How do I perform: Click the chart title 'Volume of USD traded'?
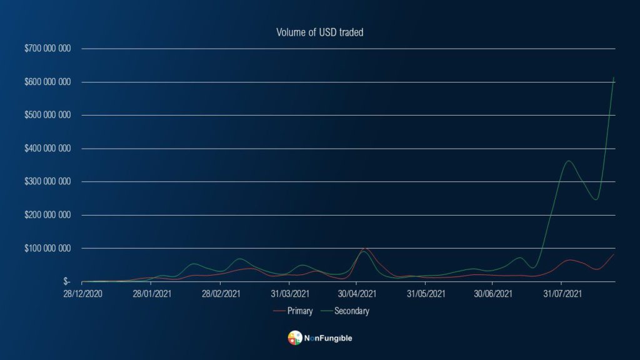point(319,32)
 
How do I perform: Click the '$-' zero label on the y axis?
point(66,282)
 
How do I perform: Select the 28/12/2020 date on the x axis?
point(82,292)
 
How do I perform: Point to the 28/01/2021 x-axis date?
point(152,292)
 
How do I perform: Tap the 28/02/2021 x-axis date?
point(220,292)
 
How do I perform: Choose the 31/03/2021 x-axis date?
point(289,292)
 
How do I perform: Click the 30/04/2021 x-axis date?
point(357,292)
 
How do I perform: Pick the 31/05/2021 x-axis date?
point(425,292)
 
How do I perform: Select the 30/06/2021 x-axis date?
point(493,292)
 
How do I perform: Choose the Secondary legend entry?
point(351,311)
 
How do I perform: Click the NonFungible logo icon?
point(294,338)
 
